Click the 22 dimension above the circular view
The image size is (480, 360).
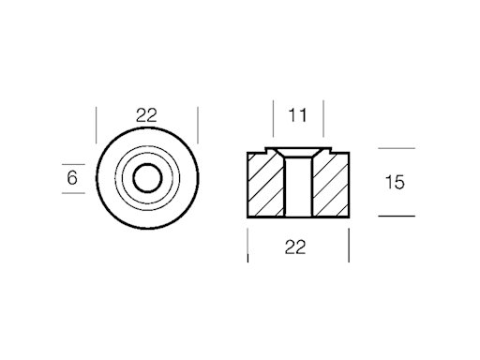[x=146, y=115]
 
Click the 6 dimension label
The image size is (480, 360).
[x=72, y=178]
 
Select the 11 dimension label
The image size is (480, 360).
[x=297, y=115]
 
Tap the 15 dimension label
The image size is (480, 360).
[x=395, y=182]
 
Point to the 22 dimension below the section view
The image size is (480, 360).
[x=295, y=247]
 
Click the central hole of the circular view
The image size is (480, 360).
[x=147, y=178]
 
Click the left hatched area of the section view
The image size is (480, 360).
[x=266, y=185]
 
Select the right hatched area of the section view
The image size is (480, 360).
[x=330, y=185]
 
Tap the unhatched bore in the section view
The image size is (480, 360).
[x=298, y=187]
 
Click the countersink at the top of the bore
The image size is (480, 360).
[x=298, y=154]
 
